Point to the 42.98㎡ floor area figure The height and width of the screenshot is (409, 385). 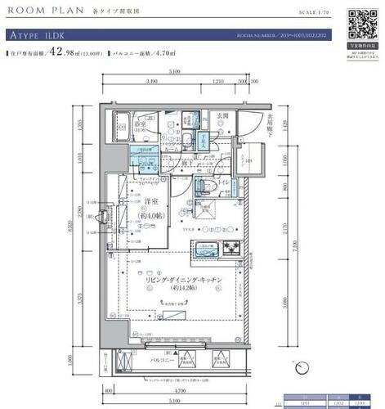pos(65,52)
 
